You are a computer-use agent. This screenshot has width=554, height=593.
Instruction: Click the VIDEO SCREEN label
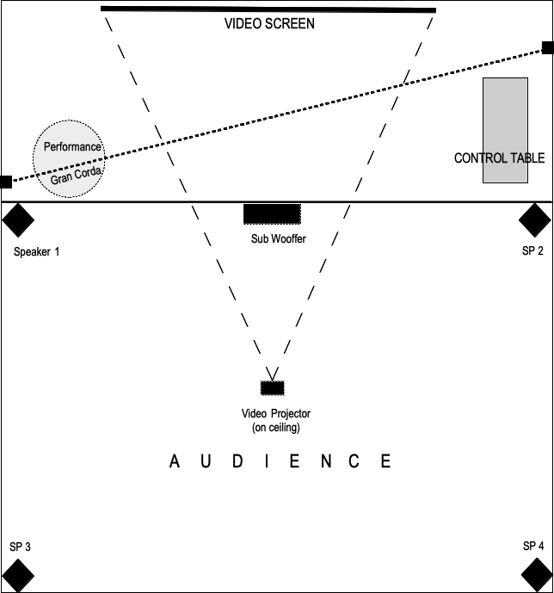click(269, 24)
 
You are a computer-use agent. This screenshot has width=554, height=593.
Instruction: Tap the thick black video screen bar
click(268, 9)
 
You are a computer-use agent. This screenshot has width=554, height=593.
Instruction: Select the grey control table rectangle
click(505, 130)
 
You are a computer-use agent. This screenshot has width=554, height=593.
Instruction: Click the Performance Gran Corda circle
click(69, 158)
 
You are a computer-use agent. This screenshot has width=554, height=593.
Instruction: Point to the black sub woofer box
click(272, 213)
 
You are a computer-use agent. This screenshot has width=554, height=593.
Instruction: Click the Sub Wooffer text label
click(278, 238)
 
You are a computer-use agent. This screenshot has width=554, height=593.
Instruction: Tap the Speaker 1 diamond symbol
click(17, 219)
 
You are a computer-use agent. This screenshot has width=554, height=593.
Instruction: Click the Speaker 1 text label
click(37, 252)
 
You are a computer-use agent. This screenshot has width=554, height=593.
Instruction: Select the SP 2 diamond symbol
click(535, 220)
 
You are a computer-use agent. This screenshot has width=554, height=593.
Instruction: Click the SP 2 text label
click(533, 250)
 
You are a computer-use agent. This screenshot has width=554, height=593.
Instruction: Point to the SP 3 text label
click(20, 547)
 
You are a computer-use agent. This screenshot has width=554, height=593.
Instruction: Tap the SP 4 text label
click(533, 546)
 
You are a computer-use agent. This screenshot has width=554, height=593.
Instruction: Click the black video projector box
click(273, 387)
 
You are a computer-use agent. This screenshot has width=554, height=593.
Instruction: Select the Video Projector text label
click(275, 414)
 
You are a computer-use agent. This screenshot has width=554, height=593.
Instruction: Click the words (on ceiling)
click(275, 427)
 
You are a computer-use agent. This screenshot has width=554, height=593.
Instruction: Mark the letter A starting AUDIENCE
click(175, 462)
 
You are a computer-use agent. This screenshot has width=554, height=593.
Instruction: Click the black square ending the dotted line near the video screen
click(547, 48)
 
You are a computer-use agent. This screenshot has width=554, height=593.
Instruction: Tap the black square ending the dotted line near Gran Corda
click(6, 182)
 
